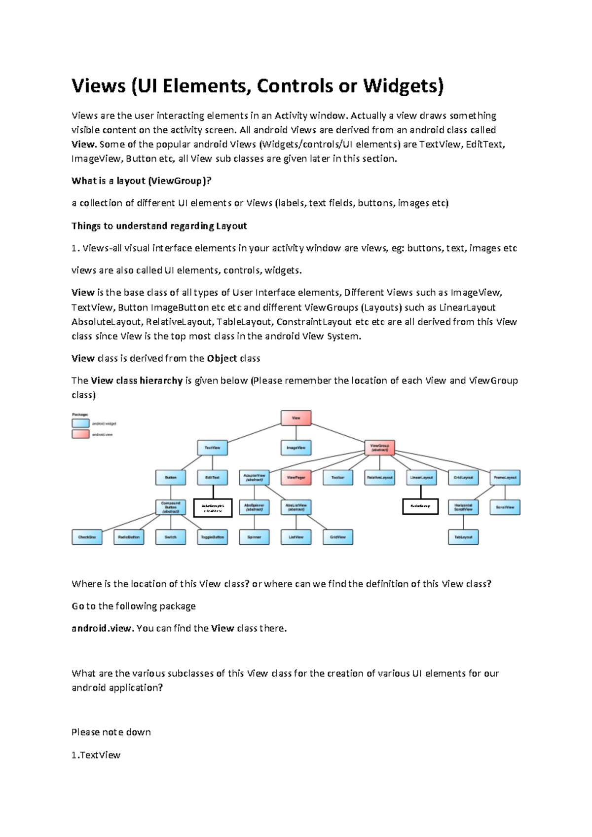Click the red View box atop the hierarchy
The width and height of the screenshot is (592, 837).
pyautogui.click(x=296, y=418)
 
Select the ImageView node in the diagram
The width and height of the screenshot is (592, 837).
pyautogui.click(x=296, y=448)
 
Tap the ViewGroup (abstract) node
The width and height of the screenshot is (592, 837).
pyautogui.click(x=379, y=448)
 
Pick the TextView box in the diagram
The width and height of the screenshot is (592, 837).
pyautogui.click(x=212, y=448)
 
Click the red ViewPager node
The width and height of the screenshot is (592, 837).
pyautogui.click(x=296, y=477)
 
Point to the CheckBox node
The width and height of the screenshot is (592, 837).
pyautogui.click(x=87, y=537)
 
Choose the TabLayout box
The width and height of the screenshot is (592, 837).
pyautogui.click(x=463, y=537)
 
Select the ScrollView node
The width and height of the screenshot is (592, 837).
pyautogui.click(x=505, y=507)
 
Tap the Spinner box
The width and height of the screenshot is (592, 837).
pyautogui.click(x=254, y=537)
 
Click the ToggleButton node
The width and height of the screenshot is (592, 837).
pyautogui.click(x=212, y=537)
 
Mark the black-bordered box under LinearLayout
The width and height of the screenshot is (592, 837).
pyautogui.click(x=420, y=506)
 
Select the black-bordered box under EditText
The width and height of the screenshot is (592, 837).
pyautogui.click(x=213, y=508)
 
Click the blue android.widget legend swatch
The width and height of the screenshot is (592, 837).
pyautogui.click(x=80, y=423)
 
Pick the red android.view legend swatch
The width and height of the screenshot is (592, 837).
pyautogui.click(x=80, y=434)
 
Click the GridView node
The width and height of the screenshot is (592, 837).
pyautogui.click(x=338, y=537)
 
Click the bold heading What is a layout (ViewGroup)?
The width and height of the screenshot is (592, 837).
pyautogui.click(x=141, y=181)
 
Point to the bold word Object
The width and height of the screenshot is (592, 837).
pyautogui.click(x=222, y=358)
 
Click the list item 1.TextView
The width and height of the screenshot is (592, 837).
pyautogui.click(x=96, y=755)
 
